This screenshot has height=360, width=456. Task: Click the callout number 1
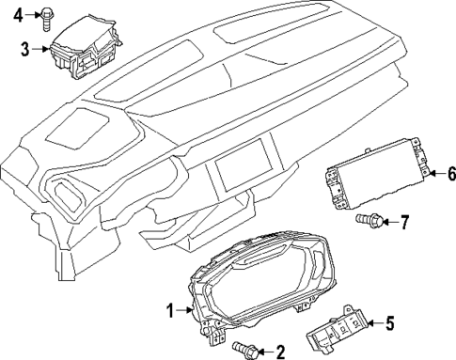click(170, 309)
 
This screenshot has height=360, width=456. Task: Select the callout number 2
click(279, 352)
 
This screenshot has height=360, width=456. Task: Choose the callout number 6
click(450, 173)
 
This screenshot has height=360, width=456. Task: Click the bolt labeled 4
click(49, 13)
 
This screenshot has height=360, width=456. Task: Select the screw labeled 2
click(248, 351)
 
